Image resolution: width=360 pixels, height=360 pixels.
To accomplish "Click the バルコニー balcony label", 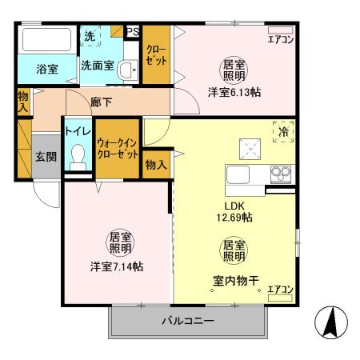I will [x=189, y=321].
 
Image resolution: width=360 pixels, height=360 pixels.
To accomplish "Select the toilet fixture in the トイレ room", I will [x=78, y=155].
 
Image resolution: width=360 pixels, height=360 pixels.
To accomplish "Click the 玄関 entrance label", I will [x=45, y=156].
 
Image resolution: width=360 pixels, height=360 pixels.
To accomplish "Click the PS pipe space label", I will [x=133, y=33].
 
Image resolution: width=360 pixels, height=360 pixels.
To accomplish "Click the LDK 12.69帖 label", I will [x=233, y=210].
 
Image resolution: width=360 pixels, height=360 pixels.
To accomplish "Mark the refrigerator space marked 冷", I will [x=283, y=132].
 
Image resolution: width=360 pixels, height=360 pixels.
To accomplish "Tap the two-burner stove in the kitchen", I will [x=280, y=172].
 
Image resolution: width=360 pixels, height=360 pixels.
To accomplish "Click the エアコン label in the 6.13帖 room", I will [x=280, y=39].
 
